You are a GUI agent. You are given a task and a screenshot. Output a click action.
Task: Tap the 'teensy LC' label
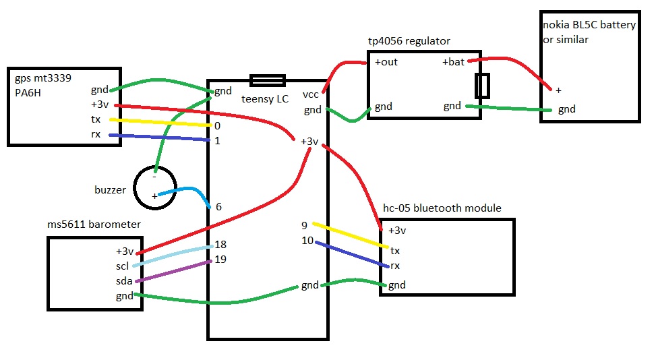point(266,99)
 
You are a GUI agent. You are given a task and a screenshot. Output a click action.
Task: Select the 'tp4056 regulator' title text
point(409,41)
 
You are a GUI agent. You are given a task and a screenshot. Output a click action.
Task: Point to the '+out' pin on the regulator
point(386,62)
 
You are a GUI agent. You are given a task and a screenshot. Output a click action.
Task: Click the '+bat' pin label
point(454,62)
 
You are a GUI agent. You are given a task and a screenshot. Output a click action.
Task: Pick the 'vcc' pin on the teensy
point(311,94)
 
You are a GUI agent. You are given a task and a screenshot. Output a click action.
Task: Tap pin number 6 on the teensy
point(218,206)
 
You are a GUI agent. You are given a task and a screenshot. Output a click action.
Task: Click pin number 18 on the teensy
point(220,246)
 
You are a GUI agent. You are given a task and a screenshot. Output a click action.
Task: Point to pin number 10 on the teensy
point(307,240)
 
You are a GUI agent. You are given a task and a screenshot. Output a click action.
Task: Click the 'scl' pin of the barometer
point(122,266)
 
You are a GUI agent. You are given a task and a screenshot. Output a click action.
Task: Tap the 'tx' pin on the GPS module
point(97,119)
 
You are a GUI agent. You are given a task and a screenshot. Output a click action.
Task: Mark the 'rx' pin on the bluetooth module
point(395,266)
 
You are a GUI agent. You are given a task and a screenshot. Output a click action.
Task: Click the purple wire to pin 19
point(175,270)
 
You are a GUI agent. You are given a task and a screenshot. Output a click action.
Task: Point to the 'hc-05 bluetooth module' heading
point(442,208)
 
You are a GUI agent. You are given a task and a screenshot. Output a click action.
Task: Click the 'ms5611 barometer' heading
point(94,224)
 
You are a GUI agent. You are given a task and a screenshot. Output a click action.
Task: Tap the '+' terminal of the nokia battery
point(558,90)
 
